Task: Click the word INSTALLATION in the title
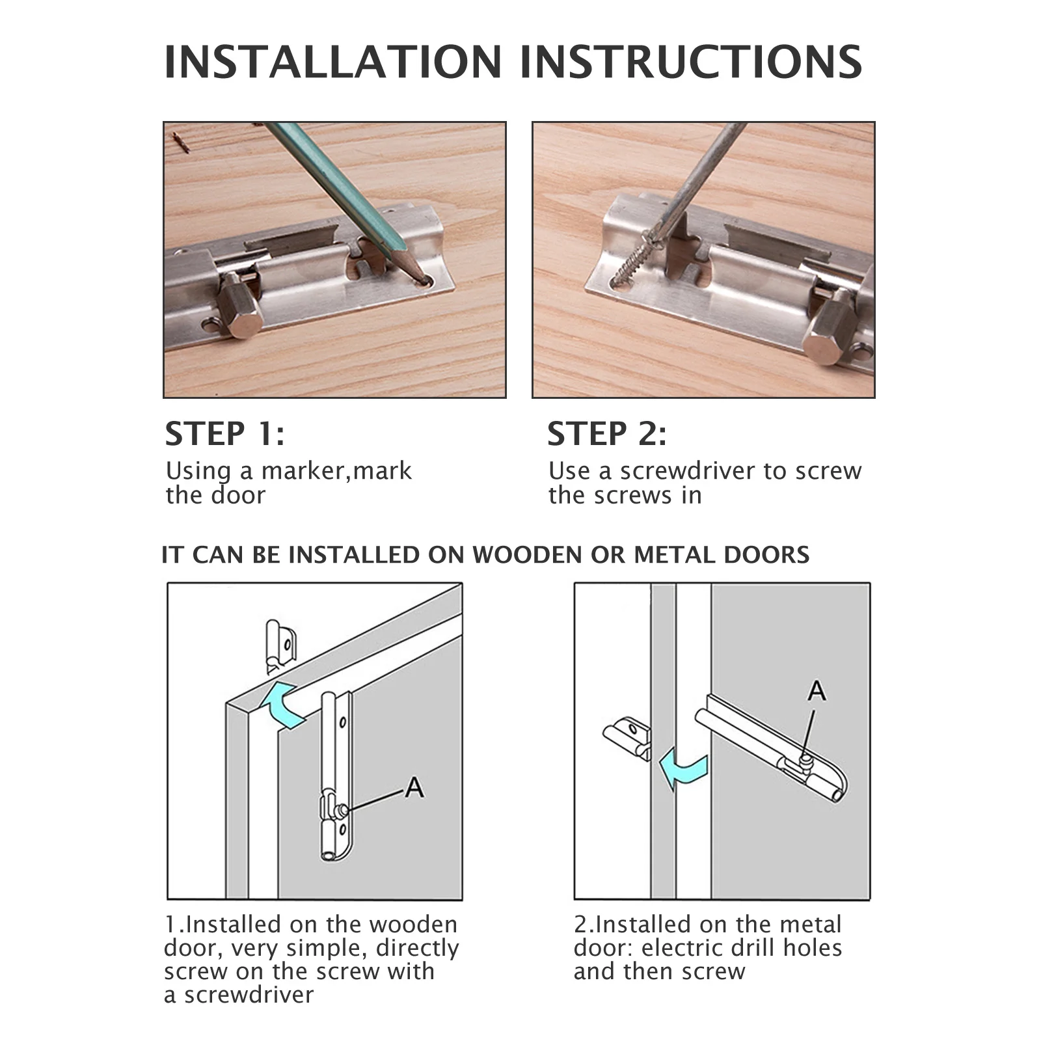pos(333,62)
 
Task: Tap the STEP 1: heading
pos(224,434)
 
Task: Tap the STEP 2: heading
pos(606,434)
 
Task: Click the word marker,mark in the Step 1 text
pos(336,470)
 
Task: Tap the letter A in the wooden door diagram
pos(414,788)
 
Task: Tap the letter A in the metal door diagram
pos(817,690)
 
